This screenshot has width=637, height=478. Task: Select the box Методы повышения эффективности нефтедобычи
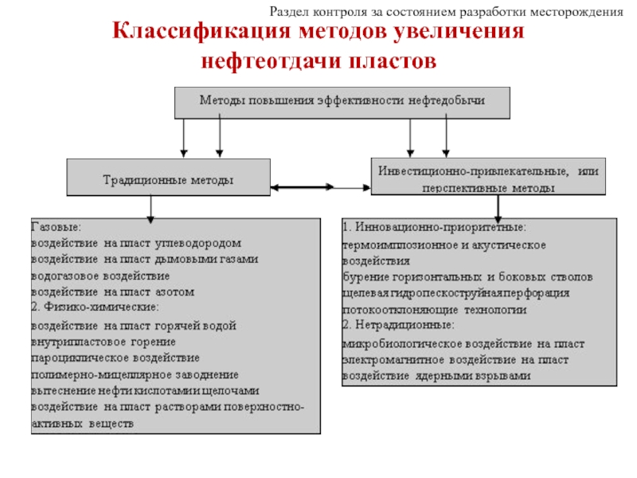tap(341, 102)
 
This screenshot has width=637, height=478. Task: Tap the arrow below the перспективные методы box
tap(498, 209)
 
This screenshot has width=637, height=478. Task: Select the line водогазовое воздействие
tap(100, 276)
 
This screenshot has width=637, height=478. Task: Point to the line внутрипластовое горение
tap(92, 341)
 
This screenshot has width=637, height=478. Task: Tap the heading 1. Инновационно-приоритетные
tap(434, 228)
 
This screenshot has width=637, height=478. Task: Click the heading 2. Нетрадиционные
tap(399, 325)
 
